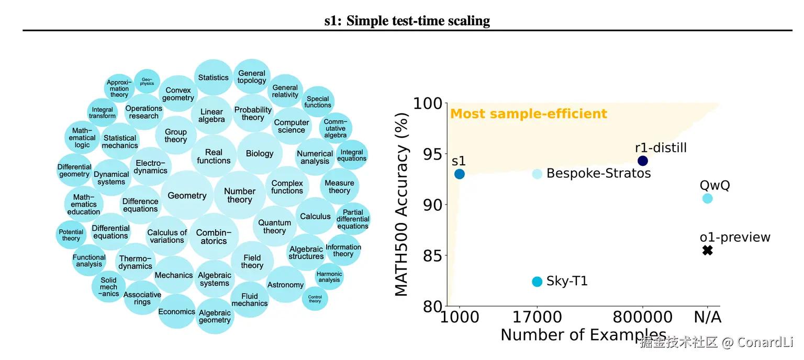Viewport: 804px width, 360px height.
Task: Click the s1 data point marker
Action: click(x=460, y=174)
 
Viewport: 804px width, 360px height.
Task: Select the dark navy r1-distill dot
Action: click(x=643, y=161)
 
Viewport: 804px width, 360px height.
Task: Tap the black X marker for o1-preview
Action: click(x=707, y=250)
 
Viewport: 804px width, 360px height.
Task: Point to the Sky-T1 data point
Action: click(x=537, y=282)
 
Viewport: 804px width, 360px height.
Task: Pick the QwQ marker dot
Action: click(x=707, y=198)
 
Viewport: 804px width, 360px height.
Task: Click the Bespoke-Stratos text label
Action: click(x=598, y=173)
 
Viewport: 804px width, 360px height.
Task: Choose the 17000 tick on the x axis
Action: click(x=537, y=317)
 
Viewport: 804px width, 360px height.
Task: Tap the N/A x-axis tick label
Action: click(x=707, y=317)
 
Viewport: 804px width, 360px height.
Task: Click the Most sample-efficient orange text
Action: click(x=529, y=114)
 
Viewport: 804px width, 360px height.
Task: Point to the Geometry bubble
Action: click(x=187, y=196)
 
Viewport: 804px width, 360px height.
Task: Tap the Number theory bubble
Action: click(x=240, y=195)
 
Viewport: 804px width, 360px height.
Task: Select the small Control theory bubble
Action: click(x=315, y=298)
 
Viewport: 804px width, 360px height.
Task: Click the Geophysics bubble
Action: click(x=147, y=82)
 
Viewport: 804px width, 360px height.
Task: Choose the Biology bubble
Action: click(x=260, y=153)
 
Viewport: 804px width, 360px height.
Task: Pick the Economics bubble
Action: click(x=177, y=312)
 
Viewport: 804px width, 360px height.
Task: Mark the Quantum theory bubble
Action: click(x=274, y=227)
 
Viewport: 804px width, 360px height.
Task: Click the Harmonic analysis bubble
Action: click(x=329, y=277)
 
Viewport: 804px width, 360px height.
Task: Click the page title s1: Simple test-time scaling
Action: click(x=407, y=21)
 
